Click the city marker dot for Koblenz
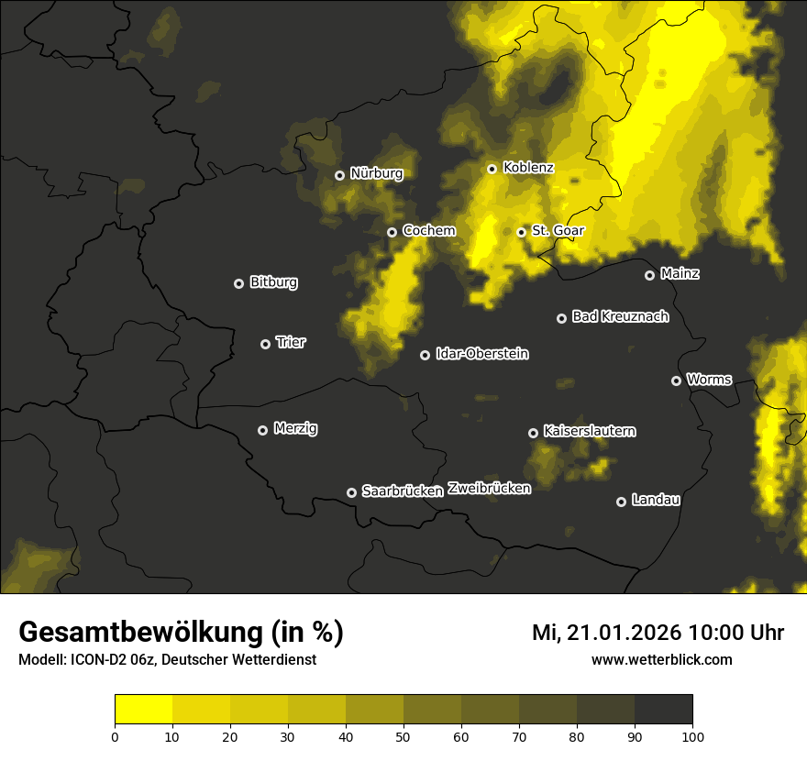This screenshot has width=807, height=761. click(x=492, y=169)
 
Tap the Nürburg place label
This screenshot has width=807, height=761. click(x=376, y=173)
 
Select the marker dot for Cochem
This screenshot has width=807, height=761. click(x=392, y=232)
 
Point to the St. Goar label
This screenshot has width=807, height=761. click(x=558, y=231)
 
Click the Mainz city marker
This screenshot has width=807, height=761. click(x=649, y=275)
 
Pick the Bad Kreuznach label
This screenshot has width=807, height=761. click(x=620, y=316)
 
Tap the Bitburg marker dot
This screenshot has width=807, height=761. click(x=238, y=283)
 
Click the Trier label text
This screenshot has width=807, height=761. click(x=291, y=342)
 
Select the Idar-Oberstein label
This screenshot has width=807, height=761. click(x=481, y=354)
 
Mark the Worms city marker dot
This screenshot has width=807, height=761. click(x=676, y=380)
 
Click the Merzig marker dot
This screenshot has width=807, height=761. click(x=262, y=430)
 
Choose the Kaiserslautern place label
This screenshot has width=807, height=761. click(x=589, y=431)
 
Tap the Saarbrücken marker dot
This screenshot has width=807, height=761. click(x=351, y=492)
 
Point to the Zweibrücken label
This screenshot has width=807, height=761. click(x=489, y=489)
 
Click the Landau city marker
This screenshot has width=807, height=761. click(x=621, y=502)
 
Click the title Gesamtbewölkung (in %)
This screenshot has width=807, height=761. click(x=181, y=633)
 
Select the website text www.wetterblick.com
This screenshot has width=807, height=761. click(x=661, y=659)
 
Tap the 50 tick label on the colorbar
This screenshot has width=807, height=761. click(x=403, y=736)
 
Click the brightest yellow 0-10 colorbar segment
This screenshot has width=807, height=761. click(x=144, y=709)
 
